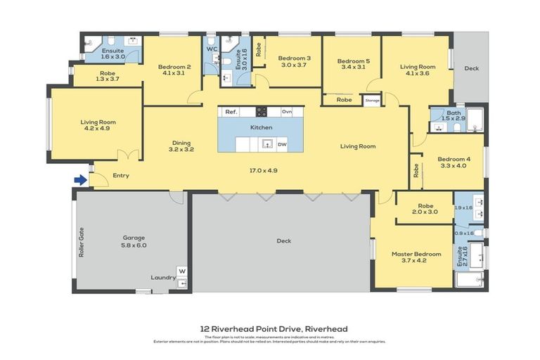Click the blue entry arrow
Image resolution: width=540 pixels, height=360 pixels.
click(x=81, y=180)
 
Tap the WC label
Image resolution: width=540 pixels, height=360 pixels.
click(x=211, y=49)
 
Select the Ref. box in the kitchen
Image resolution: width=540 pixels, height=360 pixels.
click(x=231, y=112)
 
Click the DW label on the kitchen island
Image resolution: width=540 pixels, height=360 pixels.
click(x=282, y=145)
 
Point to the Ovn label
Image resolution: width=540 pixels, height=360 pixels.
click(x=286, y=112)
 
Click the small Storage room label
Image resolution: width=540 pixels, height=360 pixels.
click(x=372, y=101)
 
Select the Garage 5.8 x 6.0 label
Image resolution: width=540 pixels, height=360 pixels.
click(x=133, y=241)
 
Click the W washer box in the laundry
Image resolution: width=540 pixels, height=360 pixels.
click(x=181, y=270)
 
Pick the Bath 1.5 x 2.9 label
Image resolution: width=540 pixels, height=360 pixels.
click(x=454, y=115)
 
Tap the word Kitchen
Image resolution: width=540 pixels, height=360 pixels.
click(x=261, y=127)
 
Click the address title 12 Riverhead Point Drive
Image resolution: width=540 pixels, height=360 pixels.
click(x=274, y=328)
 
